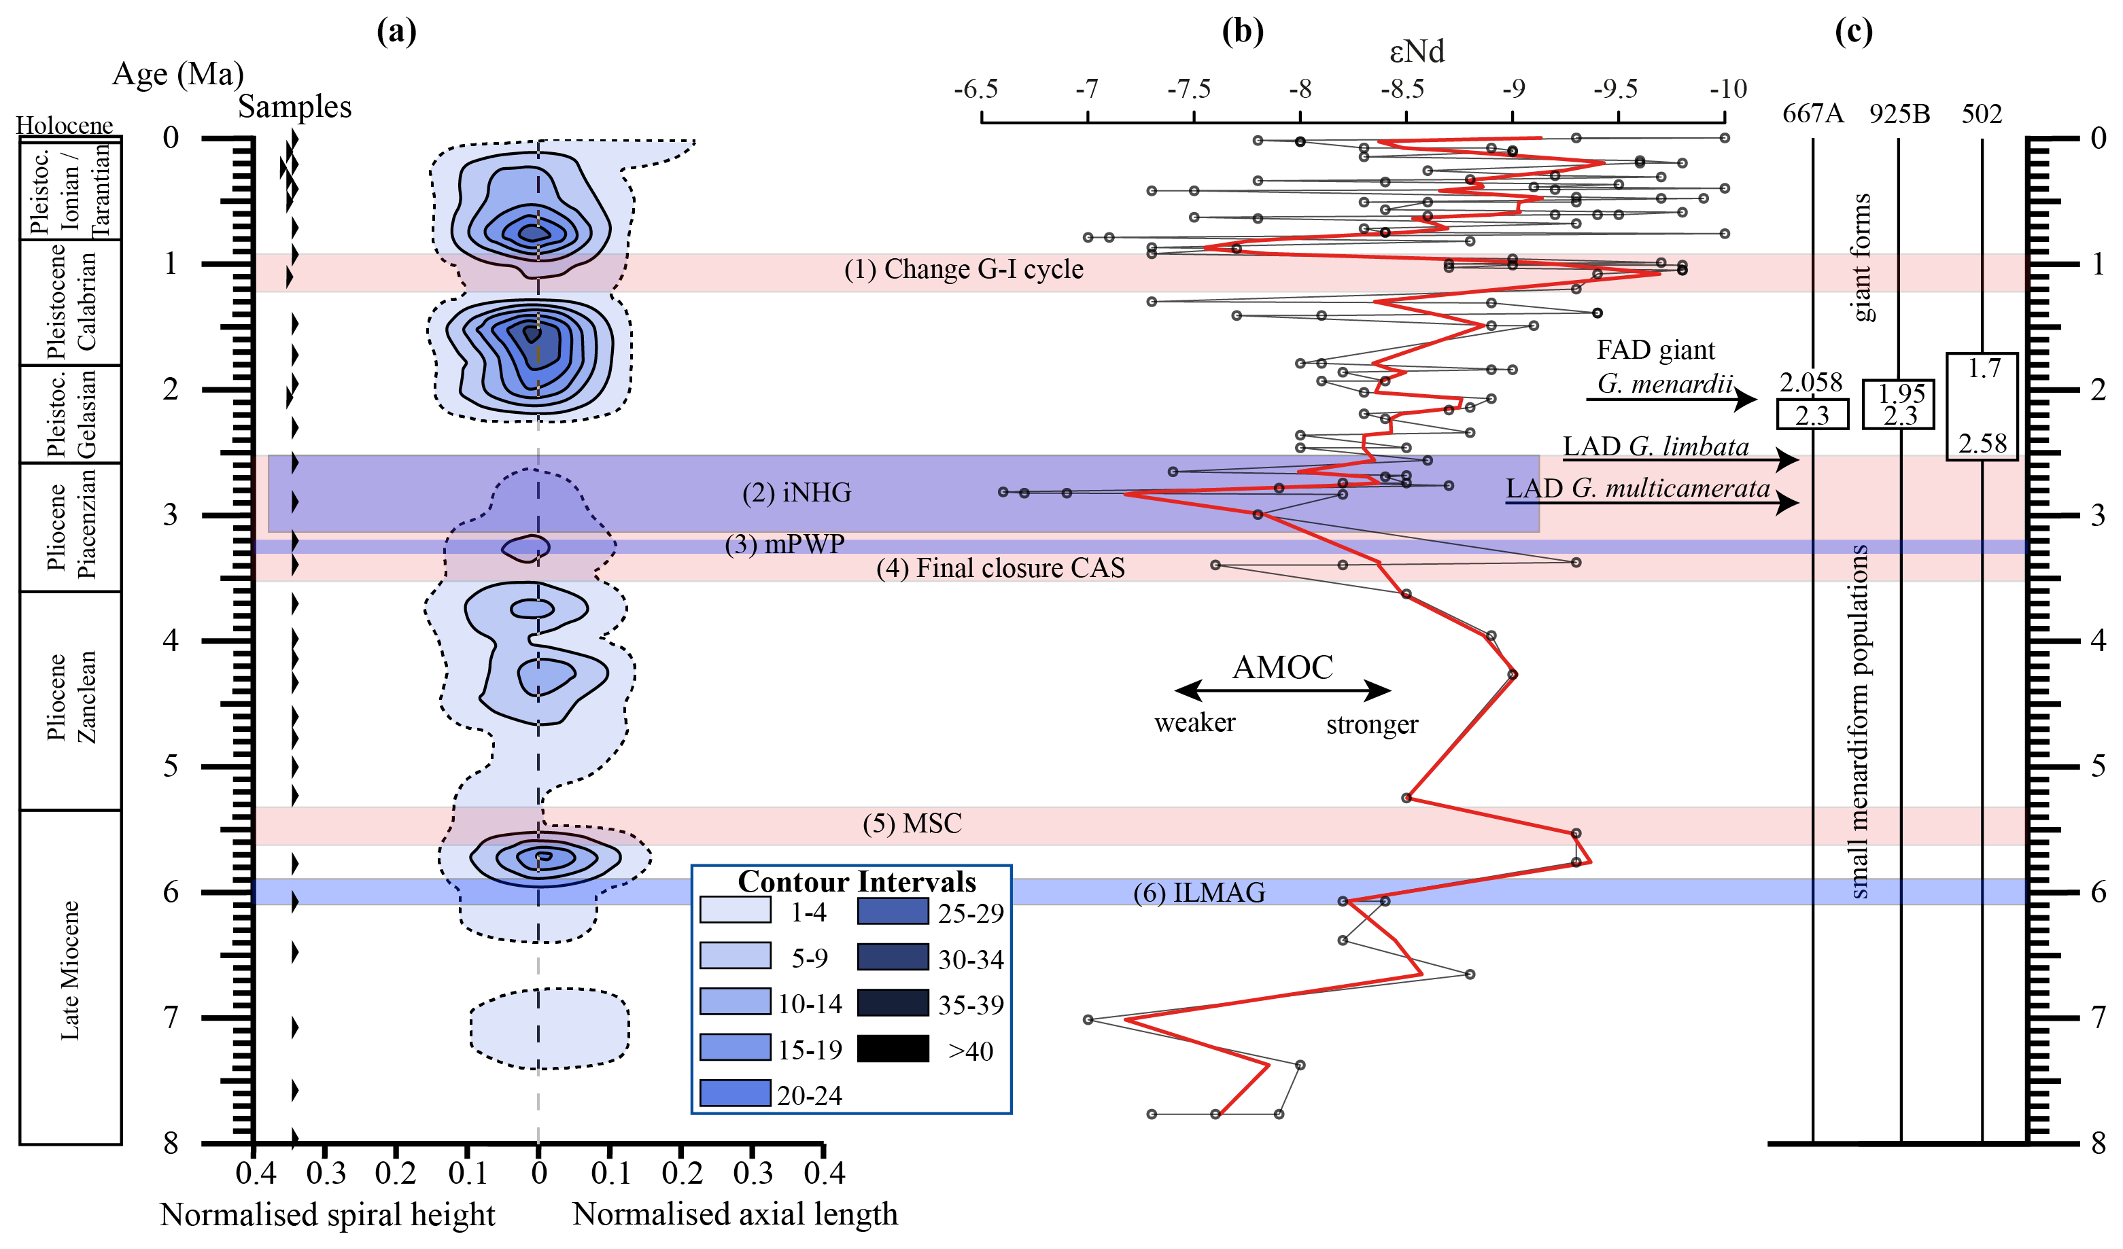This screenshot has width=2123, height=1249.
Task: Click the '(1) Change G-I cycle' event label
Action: [964, 270]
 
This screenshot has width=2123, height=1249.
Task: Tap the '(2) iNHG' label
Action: [796, 493]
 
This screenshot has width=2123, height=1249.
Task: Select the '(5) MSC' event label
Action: [912, 824]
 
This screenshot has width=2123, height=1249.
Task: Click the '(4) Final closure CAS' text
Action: [1000, 569]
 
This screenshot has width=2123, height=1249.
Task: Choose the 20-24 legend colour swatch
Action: [735, 1094]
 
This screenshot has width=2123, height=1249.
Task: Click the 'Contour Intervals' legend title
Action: [856, 882]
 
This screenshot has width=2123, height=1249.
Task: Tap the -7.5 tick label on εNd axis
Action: [1189, 89]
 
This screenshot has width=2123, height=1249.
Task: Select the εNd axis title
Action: [1416, 52]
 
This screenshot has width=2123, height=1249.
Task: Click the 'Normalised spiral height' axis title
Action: [327, 1215]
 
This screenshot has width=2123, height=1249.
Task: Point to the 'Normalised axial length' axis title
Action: [735, 1214]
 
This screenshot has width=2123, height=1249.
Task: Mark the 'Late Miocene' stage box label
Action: [70, 970]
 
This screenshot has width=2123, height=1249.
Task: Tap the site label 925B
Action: [1899, 113]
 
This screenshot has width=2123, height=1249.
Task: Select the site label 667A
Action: [1812, 113]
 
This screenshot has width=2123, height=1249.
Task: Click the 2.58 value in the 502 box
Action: [1982, 444]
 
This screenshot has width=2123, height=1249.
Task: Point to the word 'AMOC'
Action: [1282, 668]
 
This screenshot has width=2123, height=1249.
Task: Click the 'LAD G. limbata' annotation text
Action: [1655, 446]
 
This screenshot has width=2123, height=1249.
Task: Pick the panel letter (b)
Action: [1243, 31]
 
